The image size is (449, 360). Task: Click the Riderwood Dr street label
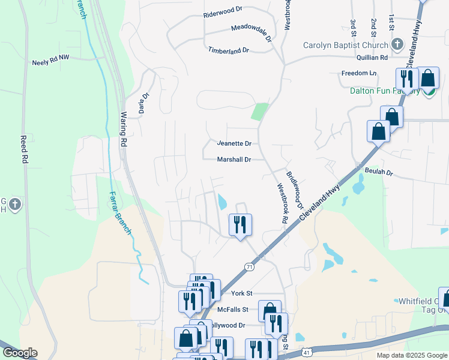coord(222,11)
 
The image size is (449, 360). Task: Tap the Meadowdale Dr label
coord(252,32)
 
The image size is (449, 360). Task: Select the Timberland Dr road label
coord(228,51)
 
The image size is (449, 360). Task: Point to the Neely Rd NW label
coord(52,62)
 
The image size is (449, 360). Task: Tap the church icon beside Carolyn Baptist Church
coord(397,44)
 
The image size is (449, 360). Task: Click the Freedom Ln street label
coord(358,73)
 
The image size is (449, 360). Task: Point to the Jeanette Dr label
coord(234,143)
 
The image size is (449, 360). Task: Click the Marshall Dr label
coord(234,160)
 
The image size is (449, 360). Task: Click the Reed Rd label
coord(25,152)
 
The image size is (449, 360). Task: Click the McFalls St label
coord(233,310)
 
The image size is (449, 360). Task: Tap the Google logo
coord(19,353)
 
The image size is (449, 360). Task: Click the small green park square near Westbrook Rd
coord(259,112)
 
